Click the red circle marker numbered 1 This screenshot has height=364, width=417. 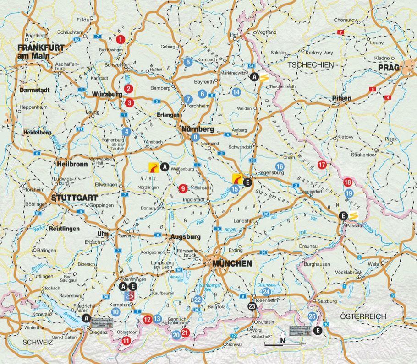coord(121,40)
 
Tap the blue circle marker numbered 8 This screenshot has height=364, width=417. coord(196,137)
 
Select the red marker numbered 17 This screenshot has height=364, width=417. coord(322,165)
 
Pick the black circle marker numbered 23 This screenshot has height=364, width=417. coord(252,306)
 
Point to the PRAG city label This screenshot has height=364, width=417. coord(389,68)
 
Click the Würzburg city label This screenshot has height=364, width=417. coord(107,94)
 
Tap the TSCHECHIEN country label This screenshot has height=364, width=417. coord(309,65)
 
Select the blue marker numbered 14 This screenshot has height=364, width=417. coord(236,92)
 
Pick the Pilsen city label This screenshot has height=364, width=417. coord(342,98)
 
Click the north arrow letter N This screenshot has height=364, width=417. coord(283,340)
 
